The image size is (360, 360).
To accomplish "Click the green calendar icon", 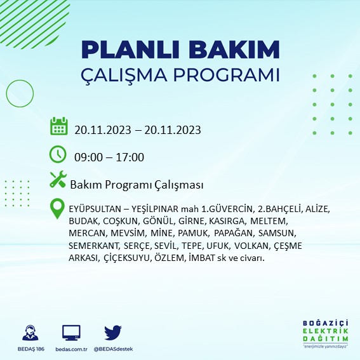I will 59,126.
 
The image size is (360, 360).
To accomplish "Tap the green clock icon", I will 58,154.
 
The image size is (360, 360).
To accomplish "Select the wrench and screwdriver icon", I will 58,180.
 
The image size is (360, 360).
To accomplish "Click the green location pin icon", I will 58,208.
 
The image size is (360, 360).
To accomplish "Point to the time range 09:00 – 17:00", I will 109,157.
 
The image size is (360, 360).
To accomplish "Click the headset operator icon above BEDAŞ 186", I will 29,333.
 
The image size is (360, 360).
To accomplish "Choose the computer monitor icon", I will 70,333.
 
